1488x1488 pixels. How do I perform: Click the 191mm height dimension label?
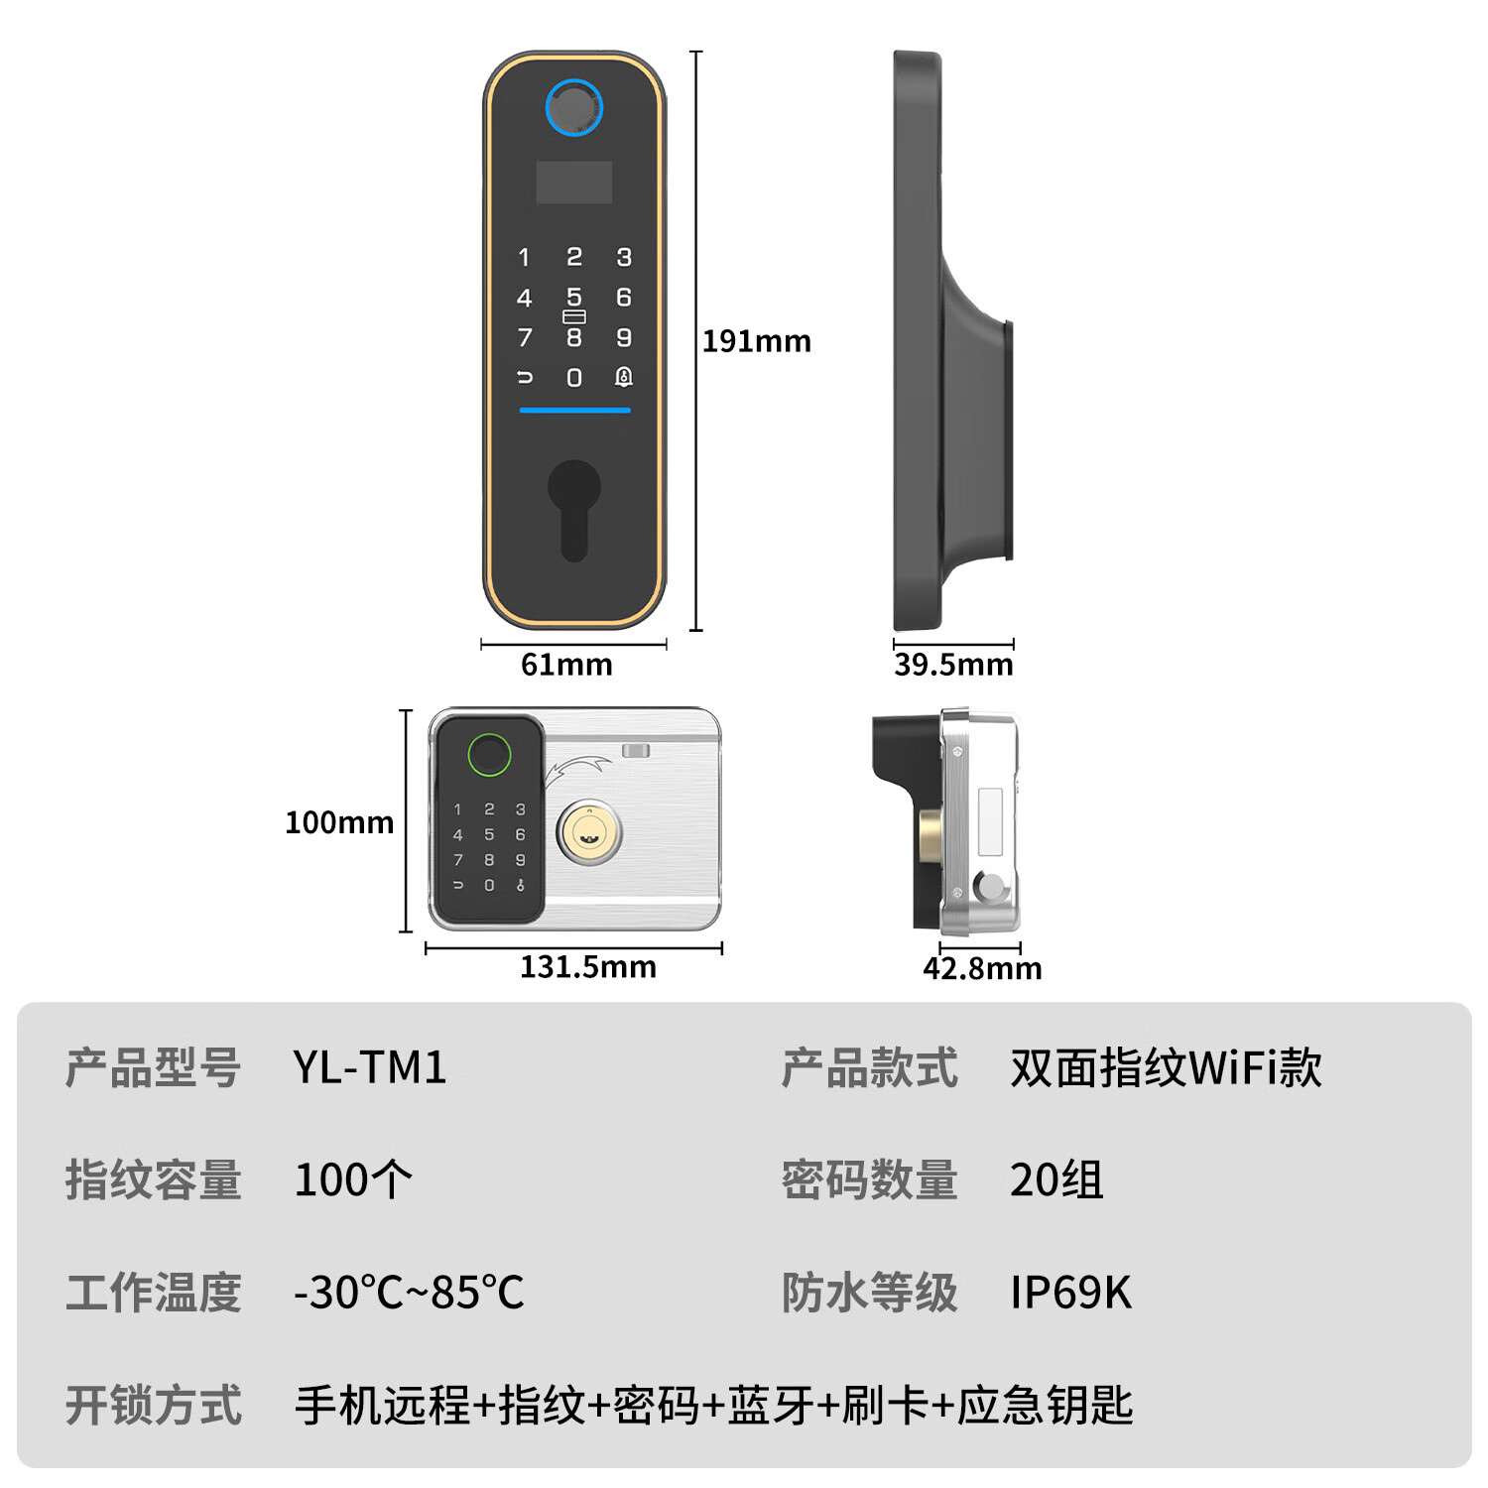point(756,341)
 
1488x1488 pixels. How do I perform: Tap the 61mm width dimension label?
point(566,665)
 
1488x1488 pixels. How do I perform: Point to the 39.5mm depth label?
point(953,665)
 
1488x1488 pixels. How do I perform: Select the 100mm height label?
point(339,822)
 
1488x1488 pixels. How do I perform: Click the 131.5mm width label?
point(588,967)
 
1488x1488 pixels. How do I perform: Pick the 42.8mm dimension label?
point(982,968)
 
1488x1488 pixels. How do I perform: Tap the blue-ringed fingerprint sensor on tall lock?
point(573,107)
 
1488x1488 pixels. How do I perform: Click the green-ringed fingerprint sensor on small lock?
point(489,755)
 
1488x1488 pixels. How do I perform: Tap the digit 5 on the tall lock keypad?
point(574,297)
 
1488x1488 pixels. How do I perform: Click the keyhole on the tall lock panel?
point(573,506)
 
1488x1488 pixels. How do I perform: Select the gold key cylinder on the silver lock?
point(589,831)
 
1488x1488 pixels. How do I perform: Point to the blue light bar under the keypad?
point(575,410)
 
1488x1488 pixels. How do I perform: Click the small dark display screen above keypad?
point(573,183)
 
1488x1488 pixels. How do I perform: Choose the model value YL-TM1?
point(370,1068)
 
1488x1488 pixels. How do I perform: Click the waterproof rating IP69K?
point(1070,1293)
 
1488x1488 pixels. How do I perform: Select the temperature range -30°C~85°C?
point(409,1293)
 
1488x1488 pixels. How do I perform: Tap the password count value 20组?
point(1056,1180)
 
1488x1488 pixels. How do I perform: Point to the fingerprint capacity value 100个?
point(353,1180)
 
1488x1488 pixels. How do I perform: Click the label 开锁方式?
point(154,1406)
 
